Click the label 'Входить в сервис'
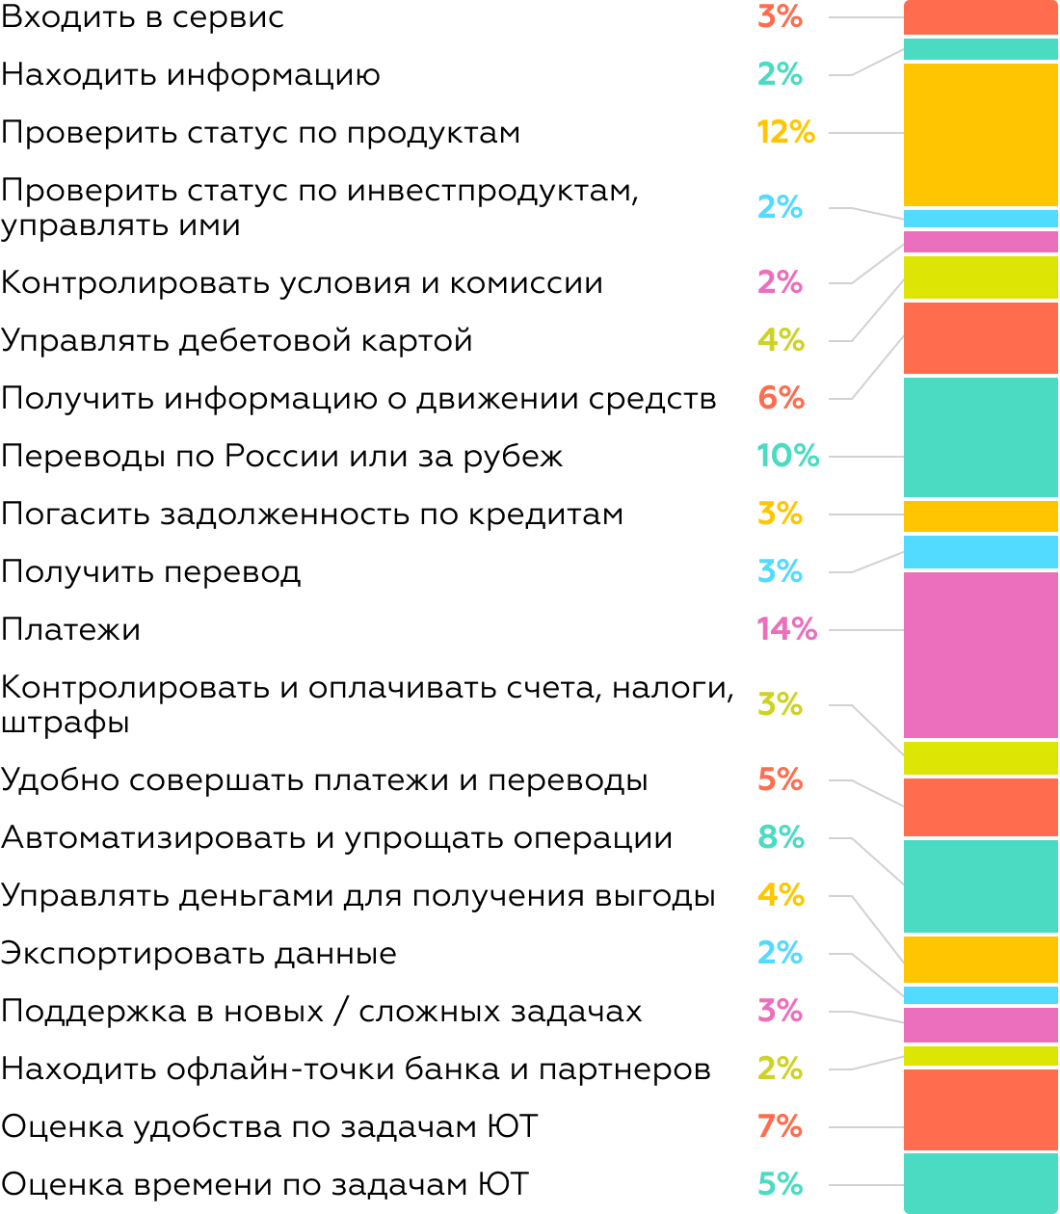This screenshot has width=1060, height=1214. pyautogui.click(x=143, y=17)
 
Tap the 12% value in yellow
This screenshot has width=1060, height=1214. pyautogui.click(x=785, y=132)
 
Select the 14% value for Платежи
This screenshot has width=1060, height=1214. pyautogui.click(x=786, y=629)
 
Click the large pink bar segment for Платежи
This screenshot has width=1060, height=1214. pyautogui.click(x=980, y=655)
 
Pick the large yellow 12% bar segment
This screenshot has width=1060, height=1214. pyautogui.click(x=980, y=134)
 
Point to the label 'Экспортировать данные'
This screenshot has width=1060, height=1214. pyautogui.click(x=199, y=953)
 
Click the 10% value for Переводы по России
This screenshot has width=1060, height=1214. pyautogui.click(x=787, y=456)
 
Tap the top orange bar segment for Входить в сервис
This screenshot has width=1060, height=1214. pyautogui.click(x=980, y=17)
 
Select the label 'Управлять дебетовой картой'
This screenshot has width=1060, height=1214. pyautogui.click(x=237, y=340)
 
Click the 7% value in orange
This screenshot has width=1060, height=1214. pyautogui.click(x=780, y=1125)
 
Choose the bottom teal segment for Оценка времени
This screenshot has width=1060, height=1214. pyautogui.click(x=980, y=1182)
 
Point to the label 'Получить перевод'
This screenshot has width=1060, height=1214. pyautogui.click(x=151, y=571)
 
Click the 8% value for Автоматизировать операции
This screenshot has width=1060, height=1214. pyautogui.click(x=781, y=837)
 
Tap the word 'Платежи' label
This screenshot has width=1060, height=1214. pyautogui.click(x=71, y=629)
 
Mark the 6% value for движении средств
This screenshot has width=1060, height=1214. pyautogui.click(x=781, y=398)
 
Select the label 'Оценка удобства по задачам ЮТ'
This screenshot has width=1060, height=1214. pyautogui.click(x=269, y=1126)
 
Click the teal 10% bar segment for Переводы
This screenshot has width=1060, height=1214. pyautogui.click(x=980, y=436)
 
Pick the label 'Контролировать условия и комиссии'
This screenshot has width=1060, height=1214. pyautogui.click(x=302, y=282)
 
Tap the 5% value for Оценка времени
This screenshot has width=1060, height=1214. pyautogui.click(x=780, y=1183)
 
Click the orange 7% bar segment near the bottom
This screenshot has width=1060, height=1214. pyautogui.click(x=980, y=1109)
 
